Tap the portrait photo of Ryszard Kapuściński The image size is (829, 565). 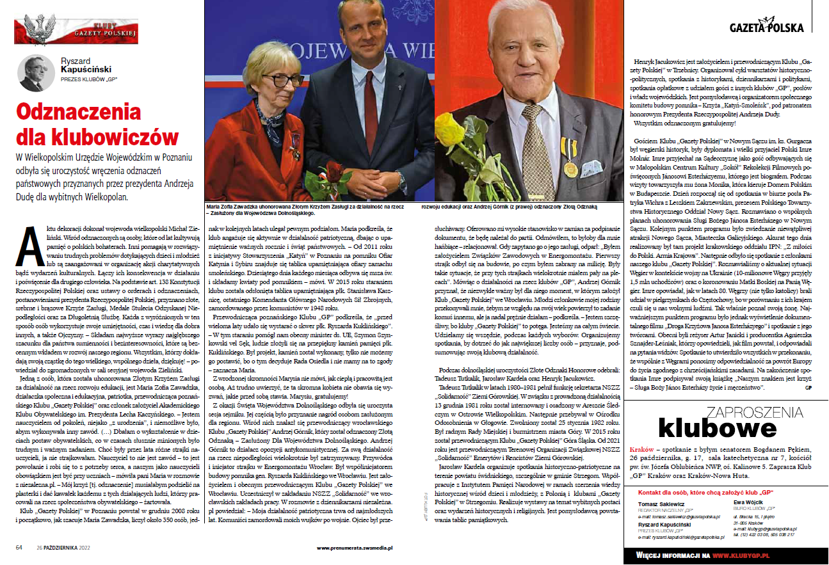tap(36, 73)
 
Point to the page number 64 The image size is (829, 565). tap(19, 547)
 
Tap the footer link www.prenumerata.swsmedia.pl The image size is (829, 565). tap(354, 548)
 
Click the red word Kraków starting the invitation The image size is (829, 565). tap(642, 450)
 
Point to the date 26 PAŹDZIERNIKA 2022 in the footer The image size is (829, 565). tap(63, 547)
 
